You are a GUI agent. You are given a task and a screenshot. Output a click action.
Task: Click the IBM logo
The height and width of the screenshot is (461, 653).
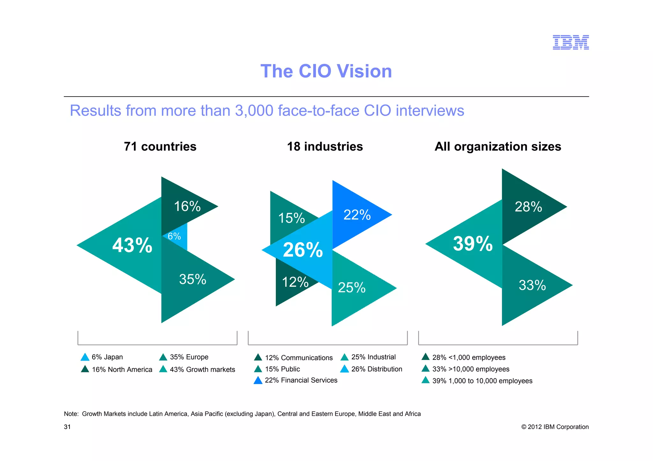coord(570,42)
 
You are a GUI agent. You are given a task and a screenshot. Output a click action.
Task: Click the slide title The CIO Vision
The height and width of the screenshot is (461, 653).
coord(326,71)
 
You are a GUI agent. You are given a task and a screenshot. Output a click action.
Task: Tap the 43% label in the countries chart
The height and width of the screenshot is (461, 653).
coord(132,245)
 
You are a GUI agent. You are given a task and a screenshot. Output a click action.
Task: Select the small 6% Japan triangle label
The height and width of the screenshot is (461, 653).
coord(174,236)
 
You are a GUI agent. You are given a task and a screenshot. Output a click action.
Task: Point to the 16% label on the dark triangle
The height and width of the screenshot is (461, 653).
coord(187,206)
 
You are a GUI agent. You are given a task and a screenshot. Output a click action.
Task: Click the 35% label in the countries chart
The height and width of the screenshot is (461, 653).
coord(193,279)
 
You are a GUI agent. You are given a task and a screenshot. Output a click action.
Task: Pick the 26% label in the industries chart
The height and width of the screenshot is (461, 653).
coord(303,250)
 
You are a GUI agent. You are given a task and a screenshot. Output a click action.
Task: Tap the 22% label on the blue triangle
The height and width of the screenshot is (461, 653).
coord(357,215)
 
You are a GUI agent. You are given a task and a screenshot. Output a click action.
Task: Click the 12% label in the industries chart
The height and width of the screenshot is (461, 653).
coord(295,282)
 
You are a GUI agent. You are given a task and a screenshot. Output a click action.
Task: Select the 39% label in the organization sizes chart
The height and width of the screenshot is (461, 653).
coord(473,244)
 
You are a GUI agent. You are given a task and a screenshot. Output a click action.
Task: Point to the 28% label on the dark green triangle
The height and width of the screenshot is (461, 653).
coord(528,207)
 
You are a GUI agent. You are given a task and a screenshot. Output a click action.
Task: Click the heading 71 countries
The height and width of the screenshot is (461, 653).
coord(160,147)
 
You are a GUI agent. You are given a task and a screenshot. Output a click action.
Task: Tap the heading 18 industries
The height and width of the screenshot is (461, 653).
coord(325,147)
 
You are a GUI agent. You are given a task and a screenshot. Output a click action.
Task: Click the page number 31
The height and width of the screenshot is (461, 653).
coord(67,427)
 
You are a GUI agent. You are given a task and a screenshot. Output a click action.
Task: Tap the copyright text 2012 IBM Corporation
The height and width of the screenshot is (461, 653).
coord(558,427)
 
